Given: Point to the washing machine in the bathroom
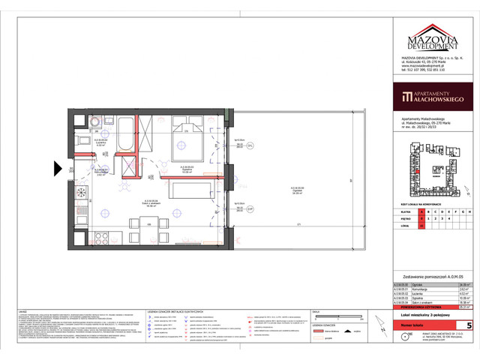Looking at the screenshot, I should pyautogui.click(x=96, y=120).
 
